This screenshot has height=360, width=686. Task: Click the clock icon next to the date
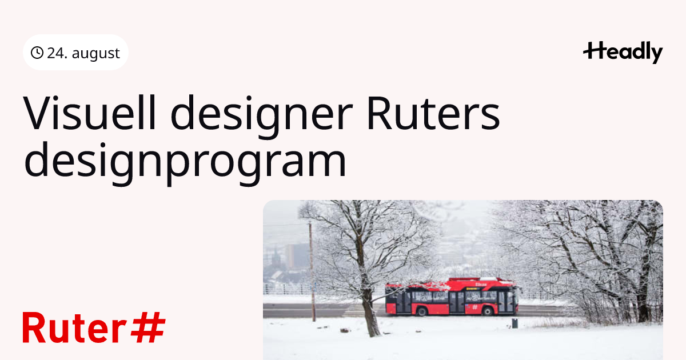tap(37, 53)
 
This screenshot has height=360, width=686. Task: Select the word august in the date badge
tap(95, 54)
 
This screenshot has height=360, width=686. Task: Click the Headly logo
tap(623, 52)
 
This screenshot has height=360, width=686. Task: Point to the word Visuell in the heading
tap(89, 113)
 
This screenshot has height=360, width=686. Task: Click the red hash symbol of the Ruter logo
tap(148, 327)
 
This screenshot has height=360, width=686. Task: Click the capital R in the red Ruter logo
tap(34, 327)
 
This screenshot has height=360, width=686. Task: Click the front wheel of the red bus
tap(487, 311)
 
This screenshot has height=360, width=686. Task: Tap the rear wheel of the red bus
tap(422, 311)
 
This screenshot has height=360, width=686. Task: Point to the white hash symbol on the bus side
tap(475, 307)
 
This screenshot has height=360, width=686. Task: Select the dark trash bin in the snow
tap(515, 323)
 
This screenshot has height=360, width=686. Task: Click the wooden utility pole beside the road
tap(312, 272)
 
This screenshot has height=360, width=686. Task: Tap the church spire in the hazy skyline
tap(276, 257)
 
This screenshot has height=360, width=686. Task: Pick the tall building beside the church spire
tap(294, 257)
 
